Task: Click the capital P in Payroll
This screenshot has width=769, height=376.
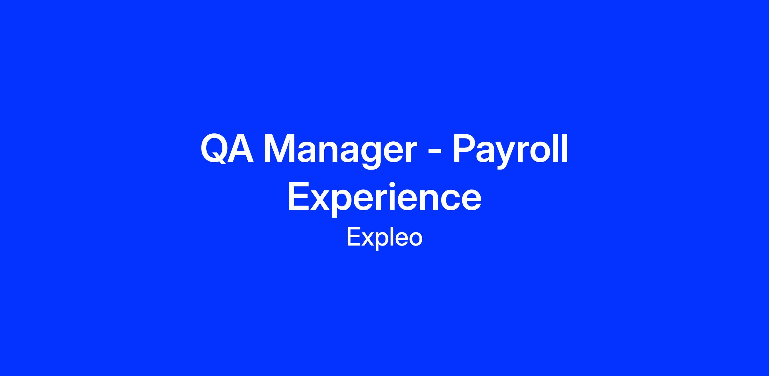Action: point(465,149)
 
